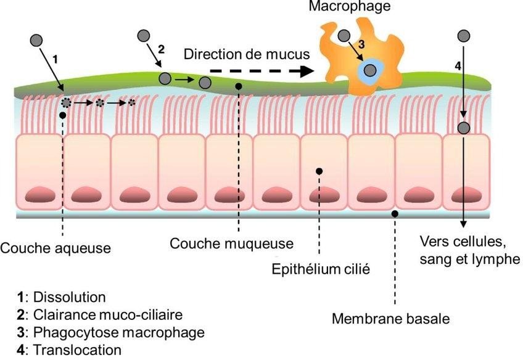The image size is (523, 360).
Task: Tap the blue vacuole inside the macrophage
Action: [x=370, y=70]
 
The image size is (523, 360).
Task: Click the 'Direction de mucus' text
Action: [x=246, y=54]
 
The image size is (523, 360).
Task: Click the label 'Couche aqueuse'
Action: [x=56, y=248]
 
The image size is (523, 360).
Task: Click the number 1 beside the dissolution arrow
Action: [x=56, y=59]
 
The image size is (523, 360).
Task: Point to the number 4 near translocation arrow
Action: [x=457, y=65]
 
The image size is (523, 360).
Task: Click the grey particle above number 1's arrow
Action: [x=37, y=41]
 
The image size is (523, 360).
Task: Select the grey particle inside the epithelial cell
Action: [x=464, y=128]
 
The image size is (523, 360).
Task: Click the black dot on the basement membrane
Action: [x=395, y=213]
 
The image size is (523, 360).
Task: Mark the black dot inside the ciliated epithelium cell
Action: [x=319, y=170]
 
